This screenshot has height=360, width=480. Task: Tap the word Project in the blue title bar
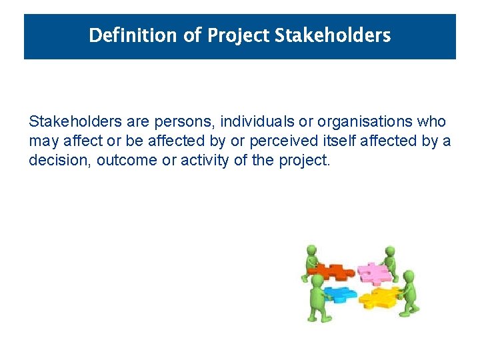pos(239,35)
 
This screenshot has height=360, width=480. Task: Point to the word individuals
pos(252,123)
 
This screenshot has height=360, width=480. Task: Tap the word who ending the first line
pos(430,123)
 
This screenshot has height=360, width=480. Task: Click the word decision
pos(55,161)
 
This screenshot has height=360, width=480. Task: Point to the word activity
pos(202,161)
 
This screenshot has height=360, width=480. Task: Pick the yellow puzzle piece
pos(380,297)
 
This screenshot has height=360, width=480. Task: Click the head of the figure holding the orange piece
pos(311,251)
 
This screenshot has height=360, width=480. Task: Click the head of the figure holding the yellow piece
pos(409,275)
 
